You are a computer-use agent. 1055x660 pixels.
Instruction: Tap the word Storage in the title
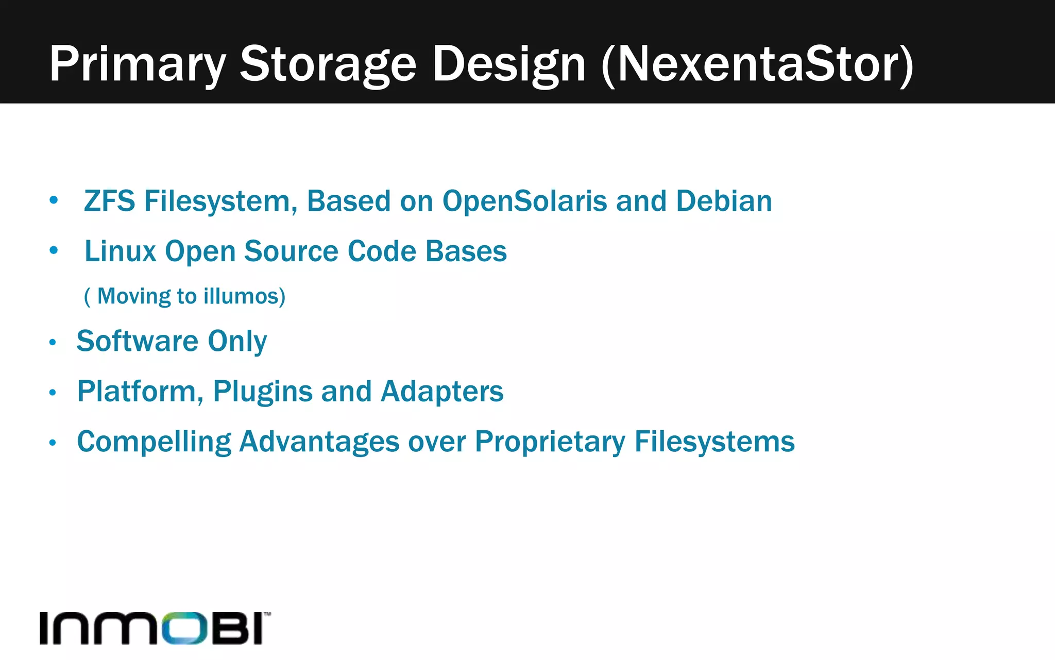tap(328, 64)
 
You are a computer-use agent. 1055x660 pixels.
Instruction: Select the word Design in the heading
tap(509, 64)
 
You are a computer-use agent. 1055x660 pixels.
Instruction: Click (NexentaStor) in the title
tap(757, 64)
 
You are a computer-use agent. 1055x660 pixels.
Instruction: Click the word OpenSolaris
tap(524, 201)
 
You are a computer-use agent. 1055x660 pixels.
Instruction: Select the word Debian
tap(724, 201)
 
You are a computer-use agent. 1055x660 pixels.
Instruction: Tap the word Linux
tap(121, 251)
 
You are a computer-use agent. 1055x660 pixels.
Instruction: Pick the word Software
tap(138, 341)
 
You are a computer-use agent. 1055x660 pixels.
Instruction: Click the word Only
tap(237, 341)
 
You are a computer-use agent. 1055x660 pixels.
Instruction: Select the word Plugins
tap(263, 392)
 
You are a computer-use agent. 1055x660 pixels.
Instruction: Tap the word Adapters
tap(442, 392)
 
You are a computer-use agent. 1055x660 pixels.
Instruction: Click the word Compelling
tap(154, 442)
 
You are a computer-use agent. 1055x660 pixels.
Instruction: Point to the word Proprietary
tap(550, 442)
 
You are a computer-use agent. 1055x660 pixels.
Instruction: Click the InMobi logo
tap(155, 628)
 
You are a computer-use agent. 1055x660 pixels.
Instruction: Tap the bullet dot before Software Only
tap(53, 343)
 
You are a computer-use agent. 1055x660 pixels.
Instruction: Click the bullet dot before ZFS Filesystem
tap(54, 200)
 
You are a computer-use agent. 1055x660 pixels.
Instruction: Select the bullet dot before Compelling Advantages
tap(53, 443)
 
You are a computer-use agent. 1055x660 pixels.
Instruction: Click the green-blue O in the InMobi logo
tap(181, 628)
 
